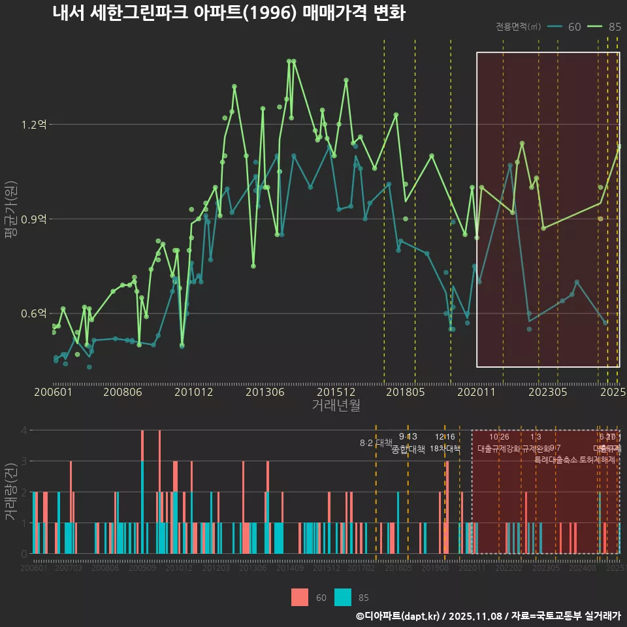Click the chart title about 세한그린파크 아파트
click(229, 13)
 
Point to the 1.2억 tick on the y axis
click(34, 124)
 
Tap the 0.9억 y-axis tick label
click(34, 219)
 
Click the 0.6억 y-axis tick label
click(34, 313)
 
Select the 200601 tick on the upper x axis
click(53, 392)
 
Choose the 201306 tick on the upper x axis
click(265, 392)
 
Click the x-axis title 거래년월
click(336, 406)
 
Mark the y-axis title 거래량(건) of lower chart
click(11, 491)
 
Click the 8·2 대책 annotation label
click(376, 443)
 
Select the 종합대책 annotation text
click(408, 449)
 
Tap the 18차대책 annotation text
click(445, 449)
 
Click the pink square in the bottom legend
click(300, 597)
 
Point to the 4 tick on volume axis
click(25, 430)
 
